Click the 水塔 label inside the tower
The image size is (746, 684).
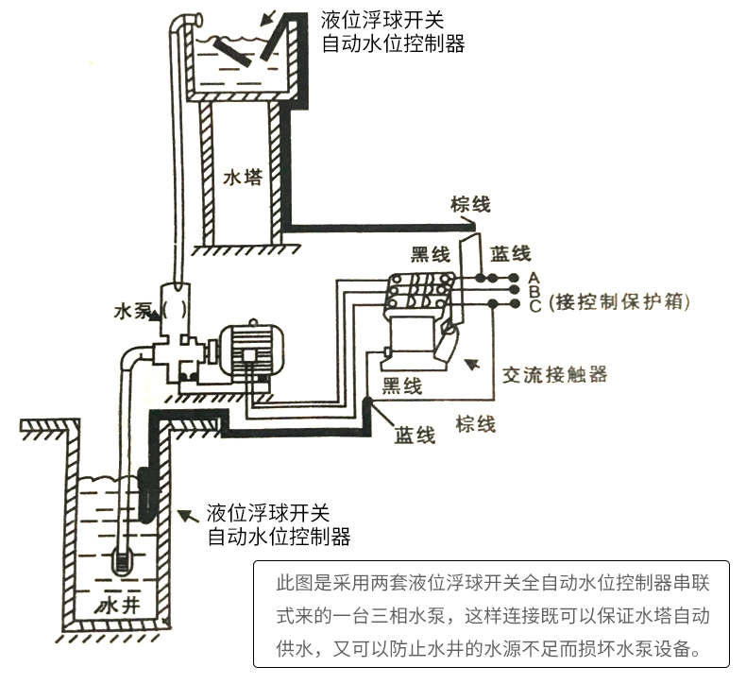point(243,177)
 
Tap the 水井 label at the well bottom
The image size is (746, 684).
point(117,605)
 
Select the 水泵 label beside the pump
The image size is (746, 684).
point(132,312)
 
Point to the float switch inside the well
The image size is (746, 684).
point(146,495)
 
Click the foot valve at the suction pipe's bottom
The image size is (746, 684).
point(122,563)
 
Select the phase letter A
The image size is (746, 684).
point(534,278)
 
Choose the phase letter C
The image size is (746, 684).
point(534,305)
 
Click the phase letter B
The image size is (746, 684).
point(534,291)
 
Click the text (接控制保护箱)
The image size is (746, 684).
point(619,301)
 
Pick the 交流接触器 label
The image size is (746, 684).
point(554,375)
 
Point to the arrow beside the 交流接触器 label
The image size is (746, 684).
point(472,364)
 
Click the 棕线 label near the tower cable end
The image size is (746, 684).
point(470,205)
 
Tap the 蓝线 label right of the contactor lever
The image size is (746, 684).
point(511,254)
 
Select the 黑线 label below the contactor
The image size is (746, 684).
point(402,385)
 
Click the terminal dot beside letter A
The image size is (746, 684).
point(514,277)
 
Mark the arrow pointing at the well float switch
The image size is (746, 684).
point(188,516)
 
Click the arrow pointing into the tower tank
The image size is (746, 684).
point(268,17)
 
